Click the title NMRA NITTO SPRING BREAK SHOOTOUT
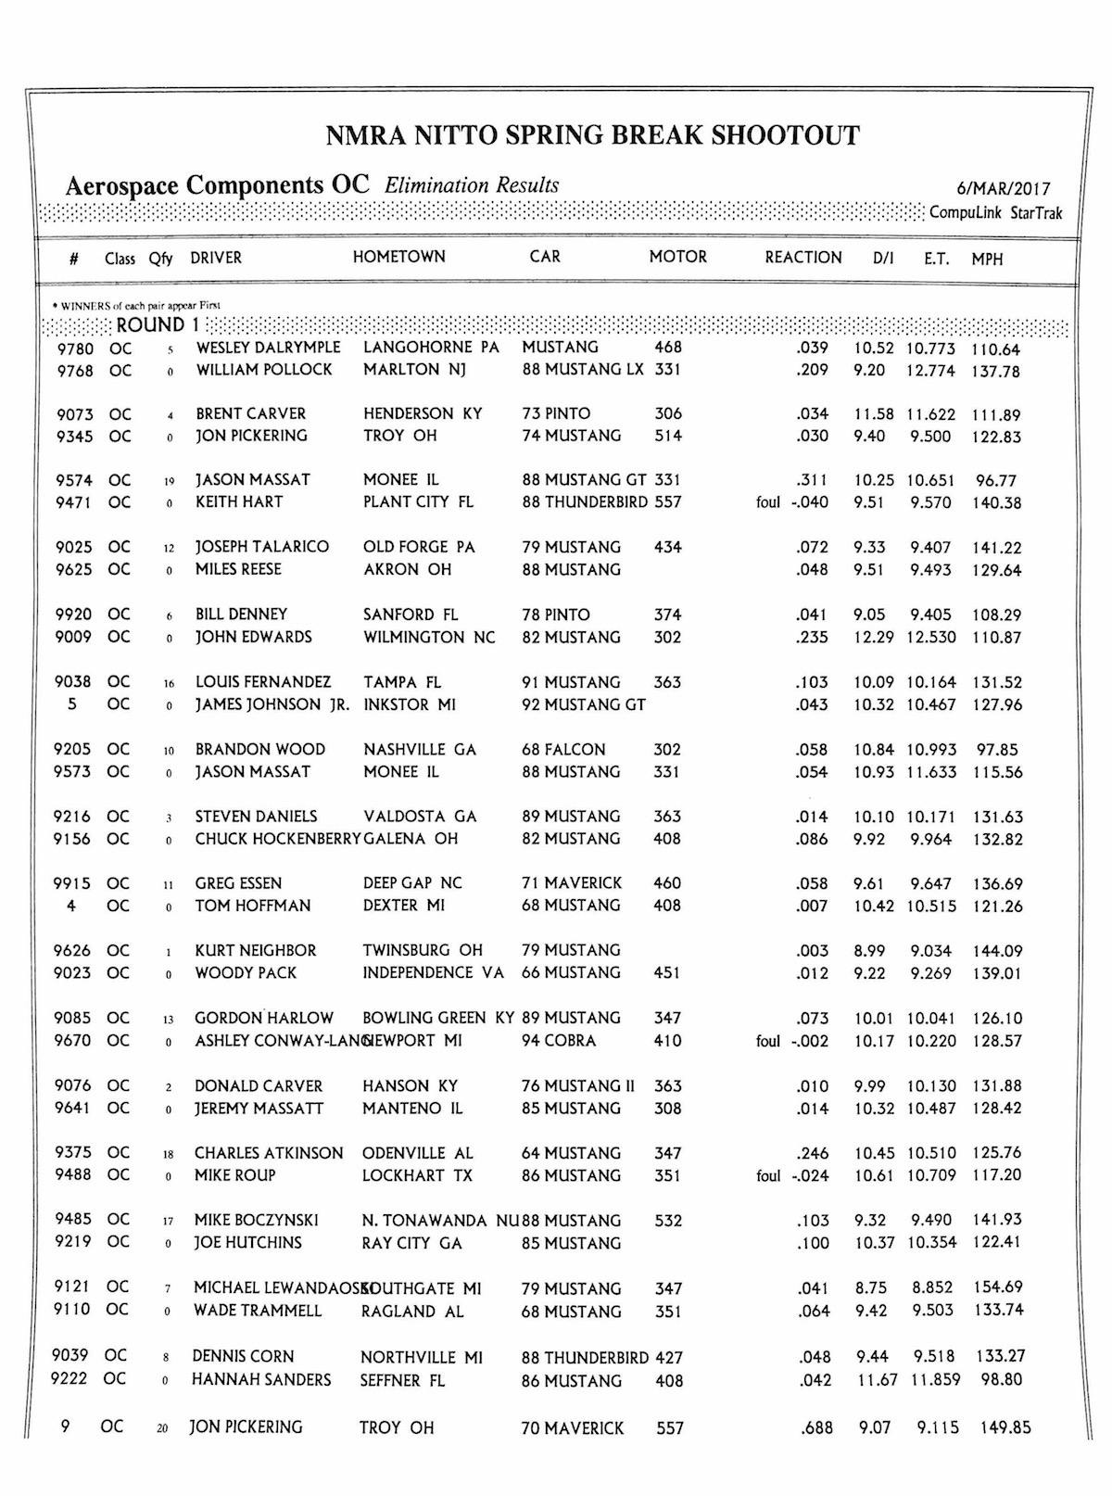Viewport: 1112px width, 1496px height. pyautogui.click(x=593, y=136)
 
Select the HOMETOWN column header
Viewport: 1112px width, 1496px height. pyautogui.click(x=398, y=257)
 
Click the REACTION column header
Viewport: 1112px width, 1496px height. pyautogui.click(x=802, y=258)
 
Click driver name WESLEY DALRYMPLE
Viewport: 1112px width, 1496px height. pyautogui.click(x=268, y=348)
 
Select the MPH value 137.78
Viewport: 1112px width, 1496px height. pyautogui.click(x=995, y=372)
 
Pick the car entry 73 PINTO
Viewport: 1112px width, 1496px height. pyautogui.click(x=556, y=413)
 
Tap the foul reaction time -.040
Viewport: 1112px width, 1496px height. pyautogui.click(x=810, y=502)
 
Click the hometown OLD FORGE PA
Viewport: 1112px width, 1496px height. pyautogui.click(x=419, y=547)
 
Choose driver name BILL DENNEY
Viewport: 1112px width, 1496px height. pyautogui.click(x=241, y=615)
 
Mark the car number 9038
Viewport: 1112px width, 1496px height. pyautogui.click(x=73, y=681)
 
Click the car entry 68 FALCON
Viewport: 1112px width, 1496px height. pyautogui.click(x=563, y=749)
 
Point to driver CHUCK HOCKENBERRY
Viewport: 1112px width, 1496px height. pyautogui.click(x=276, y=839)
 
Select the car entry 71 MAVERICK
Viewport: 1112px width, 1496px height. pyautogui.click(x=572, y=883)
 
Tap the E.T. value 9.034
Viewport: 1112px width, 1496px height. pyautogui.click(x=929, y=951)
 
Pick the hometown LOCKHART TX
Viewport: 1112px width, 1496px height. pyautogui.click(x=417, y=1175)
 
